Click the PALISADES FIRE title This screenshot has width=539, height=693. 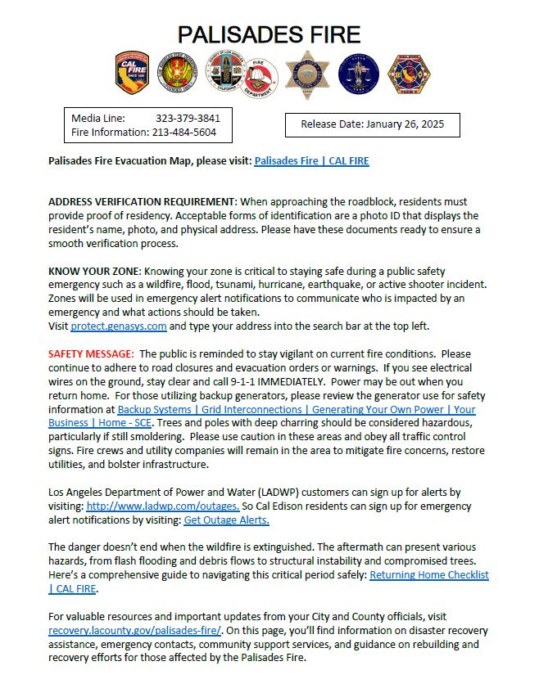[269, 34]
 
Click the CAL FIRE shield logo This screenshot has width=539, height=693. [131, 74]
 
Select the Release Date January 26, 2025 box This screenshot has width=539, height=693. [372, 124]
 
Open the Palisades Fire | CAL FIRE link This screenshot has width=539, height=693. [311, 161]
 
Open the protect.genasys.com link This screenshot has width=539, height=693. [119, 326]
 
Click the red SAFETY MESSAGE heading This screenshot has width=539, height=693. [90, 354]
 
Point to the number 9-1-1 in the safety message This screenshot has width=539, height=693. [241, 382]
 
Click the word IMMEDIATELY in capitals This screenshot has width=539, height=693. [300, 382]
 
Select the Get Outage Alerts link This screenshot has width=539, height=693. [226, 520]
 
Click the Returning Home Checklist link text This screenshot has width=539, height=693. [428, 575]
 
